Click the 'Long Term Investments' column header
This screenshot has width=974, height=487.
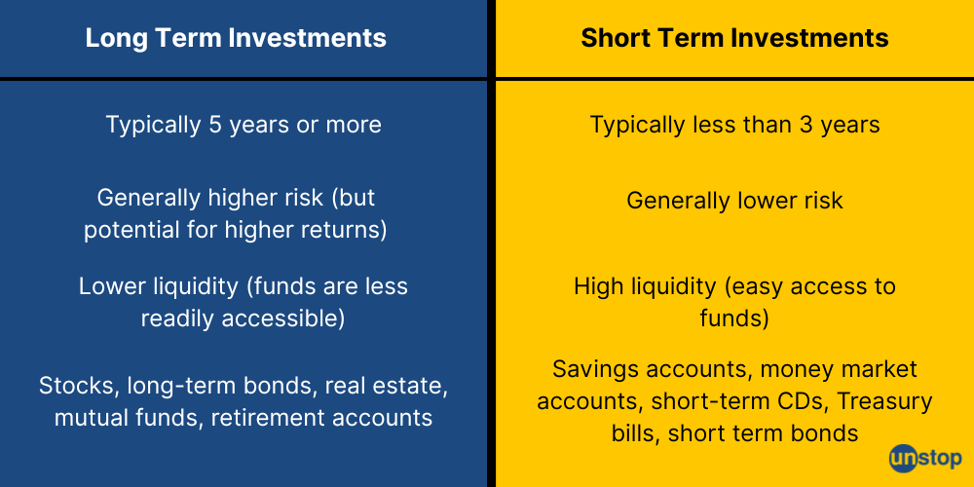[236, 38]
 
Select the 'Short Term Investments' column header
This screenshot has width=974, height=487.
[734, 38]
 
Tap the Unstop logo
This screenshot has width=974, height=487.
[924, 458]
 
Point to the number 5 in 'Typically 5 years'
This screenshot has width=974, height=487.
[214, 125]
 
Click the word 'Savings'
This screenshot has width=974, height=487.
[590, 369]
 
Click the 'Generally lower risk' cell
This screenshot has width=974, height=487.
[734, 201]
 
